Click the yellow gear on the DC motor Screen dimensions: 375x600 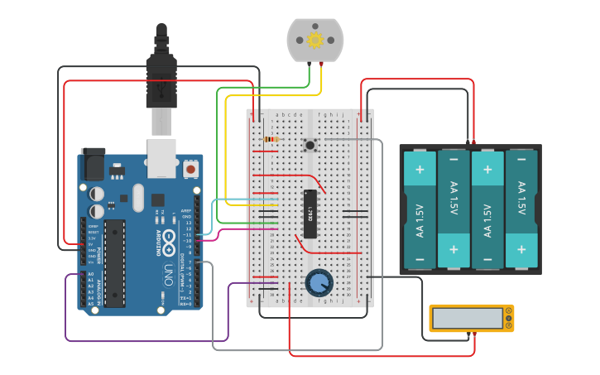(x=314, y=40)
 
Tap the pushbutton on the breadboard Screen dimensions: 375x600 (x=310, y=146)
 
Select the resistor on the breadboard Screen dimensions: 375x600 (x=271, y=139)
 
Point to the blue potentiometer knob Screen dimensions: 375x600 (x=319, y=282)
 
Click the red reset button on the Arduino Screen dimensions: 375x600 (x=191, y=169)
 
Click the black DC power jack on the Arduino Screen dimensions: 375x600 (x=93, y=163)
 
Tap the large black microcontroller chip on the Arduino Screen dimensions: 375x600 (x=115, y=262)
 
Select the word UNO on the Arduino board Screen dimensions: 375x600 (x=167, y=273)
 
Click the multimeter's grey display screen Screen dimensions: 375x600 (x=468, y=318)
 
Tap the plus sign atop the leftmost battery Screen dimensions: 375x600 (x=420, y=171)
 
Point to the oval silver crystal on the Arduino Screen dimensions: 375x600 (x=137, y=198)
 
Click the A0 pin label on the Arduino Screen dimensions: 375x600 (x=91, y=274)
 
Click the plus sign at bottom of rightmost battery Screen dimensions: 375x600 (x=521, y=248)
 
